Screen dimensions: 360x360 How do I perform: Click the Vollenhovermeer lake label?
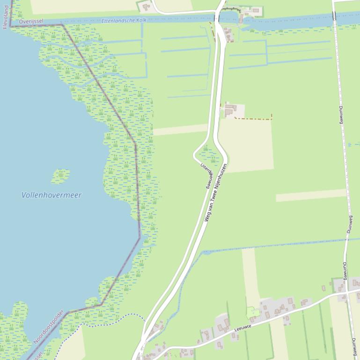click(x=51, y=195)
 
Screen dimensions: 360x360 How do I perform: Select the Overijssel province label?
click(x=31, y=21)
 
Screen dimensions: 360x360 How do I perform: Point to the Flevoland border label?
click(x=6, y=14)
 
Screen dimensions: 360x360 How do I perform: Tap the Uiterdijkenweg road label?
click(x=206, y=176)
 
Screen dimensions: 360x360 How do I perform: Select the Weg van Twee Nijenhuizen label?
click(x=216, y=192)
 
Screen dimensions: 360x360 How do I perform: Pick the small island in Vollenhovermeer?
click(x=60, y=176)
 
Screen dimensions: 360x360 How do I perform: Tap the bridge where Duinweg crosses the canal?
click(x=334, y=16)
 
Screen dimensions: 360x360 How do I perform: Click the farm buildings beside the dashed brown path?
click(x=230, y=110)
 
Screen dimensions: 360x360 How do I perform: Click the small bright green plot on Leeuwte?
click(x=252, y=312)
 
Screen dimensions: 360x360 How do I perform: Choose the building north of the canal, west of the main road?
click(x=146, y=7)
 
